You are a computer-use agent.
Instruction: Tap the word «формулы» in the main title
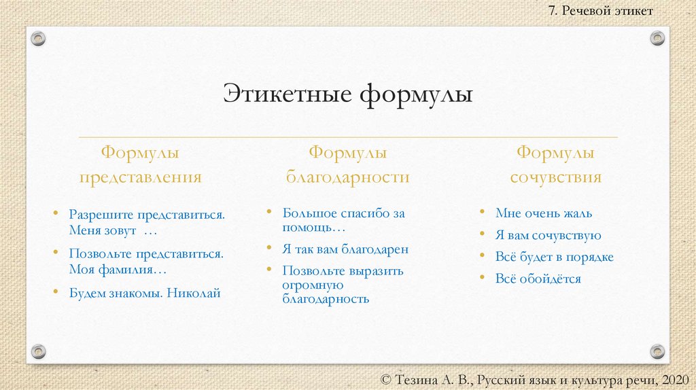(416, 94)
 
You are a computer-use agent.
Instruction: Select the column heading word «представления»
(141, 177)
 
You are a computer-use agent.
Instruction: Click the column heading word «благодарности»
(348, 177)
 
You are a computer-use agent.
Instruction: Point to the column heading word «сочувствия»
(555, 177)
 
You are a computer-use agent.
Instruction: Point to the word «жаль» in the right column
(578, 213)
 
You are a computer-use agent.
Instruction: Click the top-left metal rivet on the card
(39, 38)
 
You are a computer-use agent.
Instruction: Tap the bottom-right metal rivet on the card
(657, 351)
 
